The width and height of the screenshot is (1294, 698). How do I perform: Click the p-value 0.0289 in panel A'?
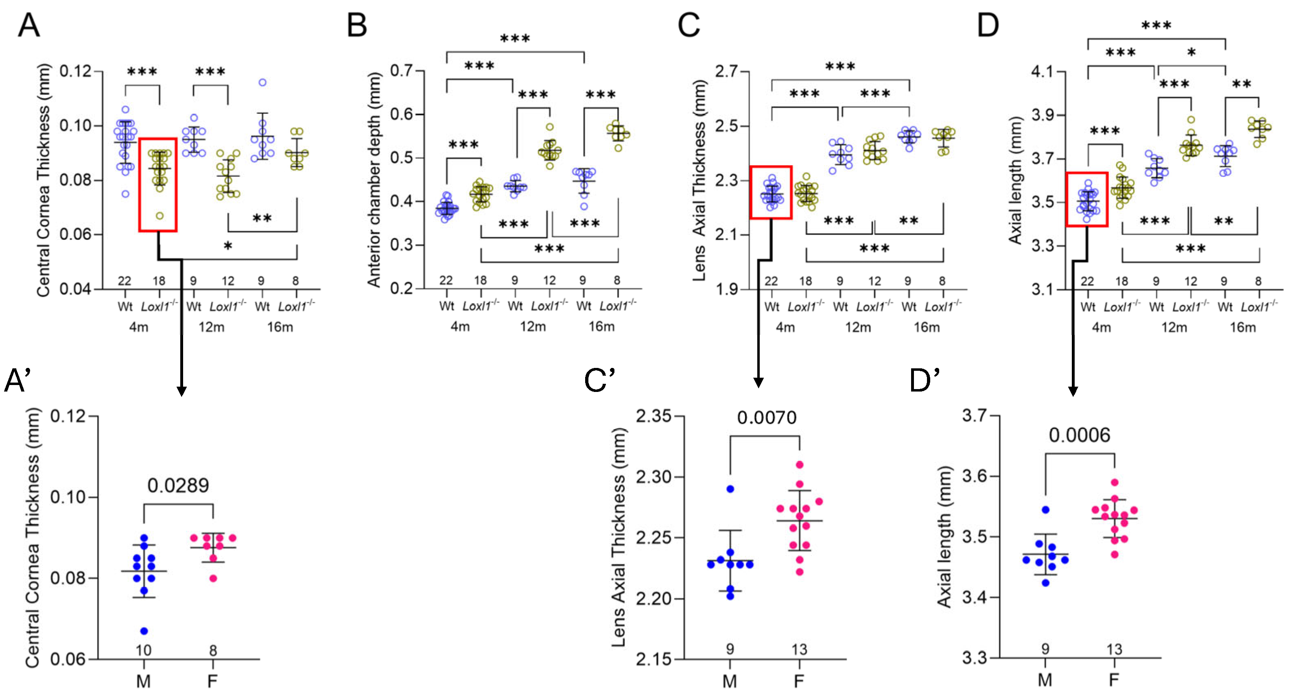click(178, 486)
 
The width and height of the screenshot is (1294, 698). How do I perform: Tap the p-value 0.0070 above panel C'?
click(767, 418)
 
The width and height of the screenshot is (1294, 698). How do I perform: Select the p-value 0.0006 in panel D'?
click(1080, 435)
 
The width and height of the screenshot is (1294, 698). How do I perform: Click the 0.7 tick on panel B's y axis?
click(401, 71)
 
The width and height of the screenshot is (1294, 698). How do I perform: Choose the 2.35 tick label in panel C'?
click(653, 417)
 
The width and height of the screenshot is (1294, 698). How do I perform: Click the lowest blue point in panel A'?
click(144, 631)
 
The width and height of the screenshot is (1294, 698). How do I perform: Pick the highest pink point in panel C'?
click(800, 464)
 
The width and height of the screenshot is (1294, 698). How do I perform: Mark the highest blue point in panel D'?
click(1045, 510)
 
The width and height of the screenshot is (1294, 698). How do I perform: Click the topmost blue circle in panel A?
click(262, 82)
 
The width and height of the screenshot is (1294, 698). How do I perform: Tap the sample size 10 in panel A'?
click(144, 650)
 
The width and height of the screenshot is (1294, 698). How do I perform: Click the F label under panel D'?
click(1114, 680)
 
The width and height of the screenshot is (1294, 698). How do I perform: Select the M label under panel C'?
click(730, 681)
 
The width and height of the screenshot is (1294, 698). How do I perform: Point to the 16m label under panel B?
click(601, 327)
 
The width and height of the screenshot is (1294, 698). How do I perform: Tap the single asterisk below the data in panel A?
click(227, 246)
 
